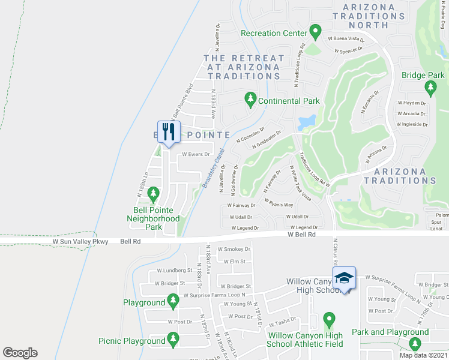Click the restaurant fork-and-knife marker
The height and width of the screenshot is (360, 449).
pyautogui.click(x=169, y=132)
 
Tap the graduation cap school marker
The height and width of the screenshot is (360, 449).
pyautogui.click(x=344, y=278)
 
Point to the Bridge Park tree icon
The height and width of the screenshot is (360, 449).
pyautogui.click(x=430, y=89)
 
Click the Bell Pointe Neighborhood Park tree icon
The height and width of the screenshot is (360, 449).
pyautogui.click(x=154, y=194)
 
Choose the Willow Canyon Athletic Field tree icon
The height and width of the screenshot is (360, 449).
pyautogui.click(x=328, y=319)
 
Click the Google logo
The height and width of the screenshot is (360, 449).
pyautogui.click(x=20, y=353)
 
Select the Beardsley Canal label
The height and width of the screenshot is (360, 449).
pyautogui.click(x=214, y=167)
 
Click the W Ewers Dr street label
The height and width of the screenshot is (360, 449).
pyautogui.click(x=196, y=154)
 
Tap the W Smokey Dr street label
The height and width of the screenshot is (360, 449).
pyautogui.click(x=233, y=248)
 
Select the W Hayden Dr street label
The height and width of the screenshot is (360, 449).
pyautogui.click(x=411, y=103)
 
